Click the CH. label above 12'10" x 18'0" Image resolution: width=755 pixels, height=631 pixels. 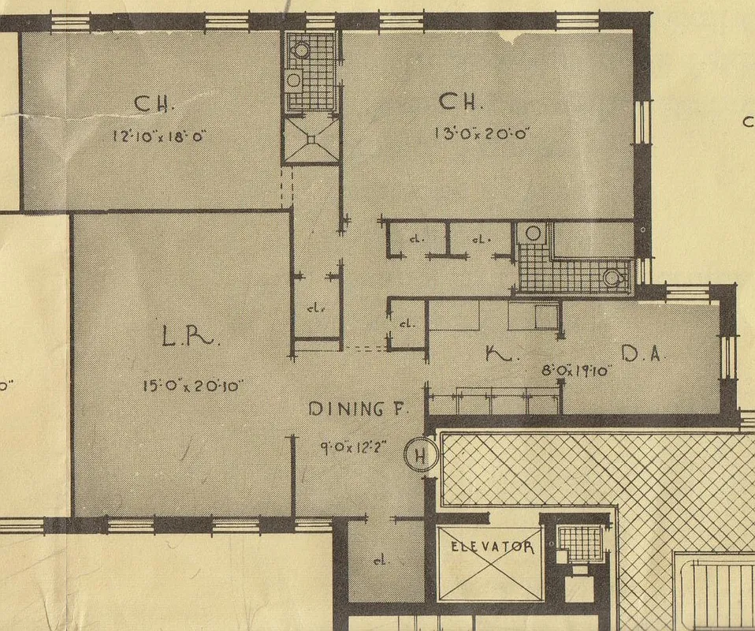(154, 103)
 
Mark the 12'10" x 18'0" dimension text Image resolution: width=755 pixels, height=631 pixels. (160, 136)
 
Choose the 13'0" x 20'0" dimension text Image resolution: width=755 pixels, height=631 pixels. (480, 133)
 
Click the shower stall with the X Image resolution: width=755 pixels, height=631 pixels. (311, 140)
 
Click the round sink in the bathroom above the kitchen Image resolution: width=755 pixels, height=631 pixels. (533, 233)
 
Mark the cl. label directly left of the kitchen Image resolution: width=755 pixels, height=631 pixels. (407, 323)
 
